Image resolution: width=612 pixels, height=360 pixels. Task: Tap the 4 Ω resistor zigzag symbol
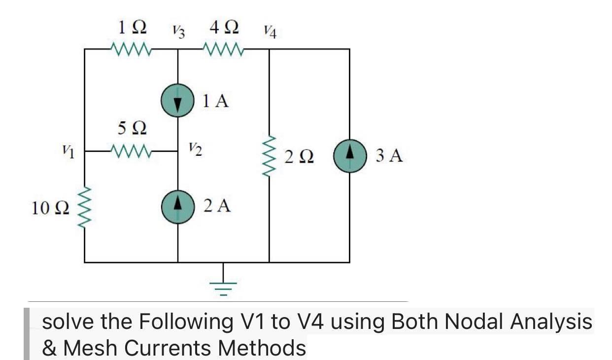(x=223, y=49)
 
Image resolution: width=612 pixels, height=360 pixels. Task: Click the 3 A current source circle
(x=349, y=156)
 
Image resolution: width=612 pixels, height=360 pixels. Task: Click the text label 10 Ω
(x=47, y=209)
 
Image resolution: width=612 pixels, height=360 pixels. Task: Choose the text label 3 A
(x=389, y=156)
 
